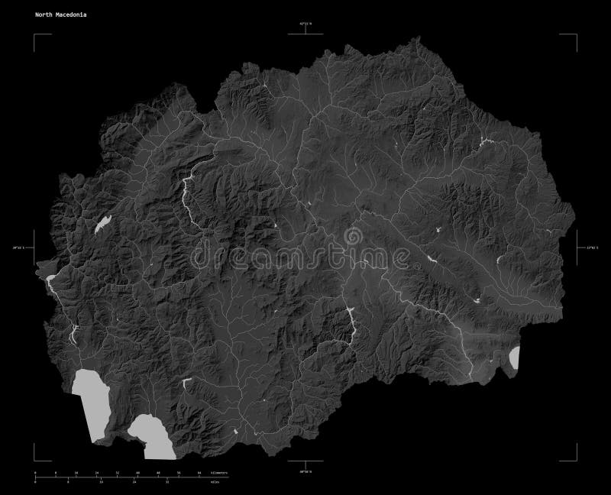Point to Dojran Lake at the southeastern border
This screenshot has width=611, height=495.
tap(514, 357)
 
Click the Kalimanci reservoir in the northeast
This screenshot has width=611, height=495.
tap(483, 141)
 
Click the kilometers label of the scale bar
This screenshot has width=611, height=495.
tap(218, 474)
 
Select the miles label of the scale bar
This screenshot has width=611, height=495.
tap(216, 483)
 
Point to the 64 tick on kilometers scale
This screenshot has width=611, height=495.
tap(200, 474)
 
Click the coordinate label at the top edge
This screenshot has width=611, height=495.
tap(305, 24)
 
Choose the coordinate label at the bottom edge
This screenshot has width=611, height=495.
tap(305, 474)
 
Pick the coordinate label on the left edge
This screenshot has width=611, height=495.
tap(23, 247)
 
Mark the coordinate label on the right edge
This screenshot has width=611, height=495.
tap(589, 247)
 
